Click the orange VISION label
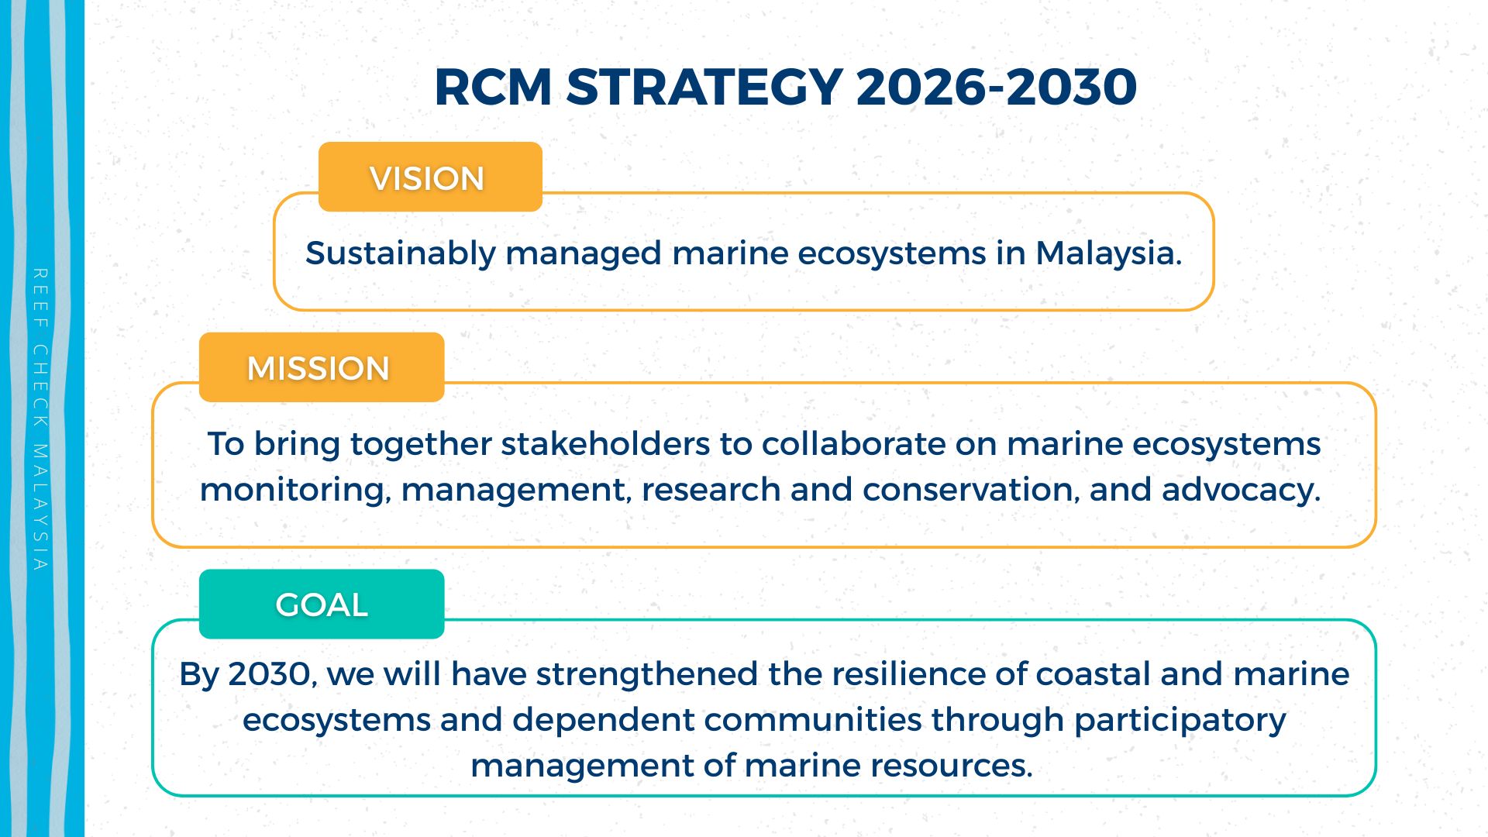click(x=430, y=177)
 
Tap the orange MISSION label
click(x=322, y=367)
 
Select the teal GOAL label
click(x=322, y=604)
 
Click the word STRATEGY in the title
click(x=704, y=86)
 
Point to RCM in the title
click(x=493, y=86)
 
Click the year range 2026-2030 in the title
click(x=997, y=86)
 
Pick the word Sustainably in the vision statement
click(x=401, y=254)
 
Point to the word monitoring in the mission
click(x=295, y=491)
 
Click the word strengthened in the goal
click(x=647, y=675)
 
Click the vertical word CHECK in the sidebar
click(x=40, y=385)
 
